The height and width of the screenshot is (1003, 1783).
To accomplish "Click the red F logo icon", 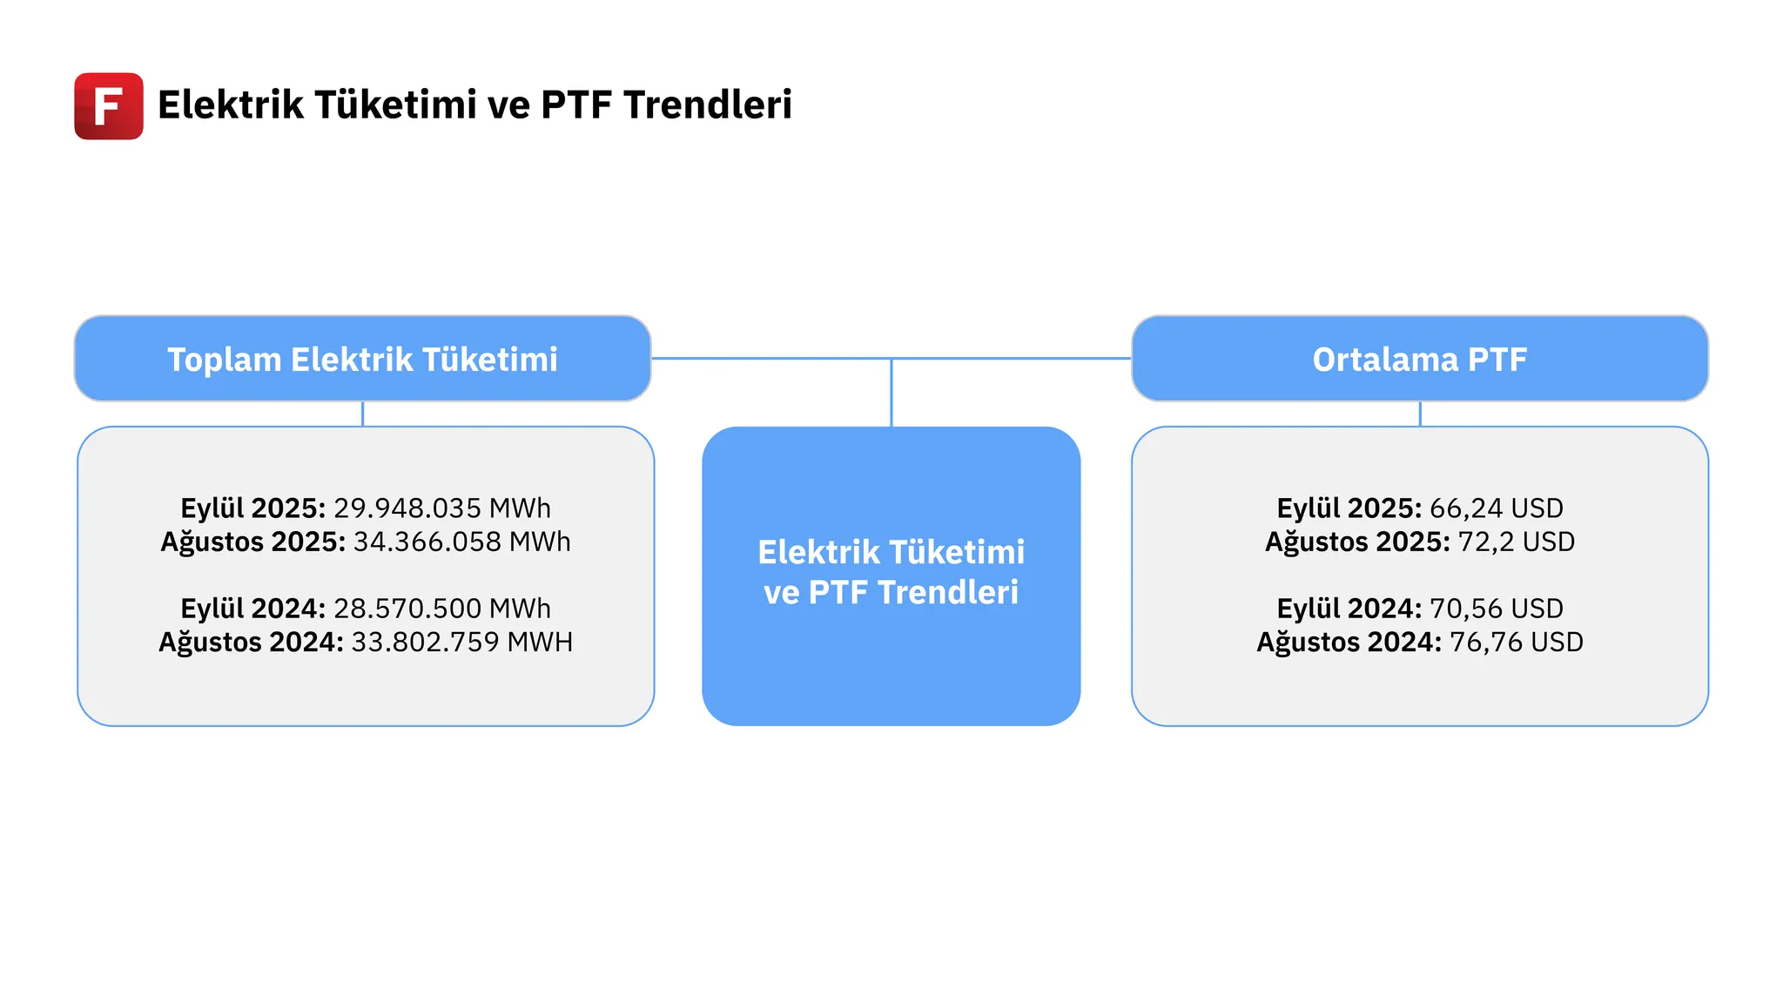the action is (109, 106).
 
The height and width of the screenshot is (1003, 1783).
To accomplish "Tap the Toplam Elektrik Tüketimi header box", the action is (363, 359).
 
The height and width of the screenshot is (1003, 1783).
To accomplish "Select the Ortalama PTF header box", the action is (1420, 359).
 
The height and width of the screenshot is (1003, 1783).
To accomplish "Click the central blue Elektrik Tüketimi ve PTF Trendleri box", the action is (891, 576).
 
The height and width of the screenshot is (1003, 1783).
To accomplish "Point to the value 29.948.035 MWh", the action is (442, 508).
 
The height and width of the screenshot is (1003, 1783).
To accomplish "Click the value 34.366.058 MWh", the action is (462, 542).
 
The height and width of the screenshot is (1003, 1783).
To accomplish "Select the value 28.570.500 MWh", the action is (442, 608).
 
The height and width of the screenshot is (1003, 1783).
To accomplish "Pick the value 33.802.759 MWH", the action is (462, 642).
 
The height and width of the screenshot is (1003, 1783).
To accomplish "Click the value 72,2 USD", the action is (1517, 542).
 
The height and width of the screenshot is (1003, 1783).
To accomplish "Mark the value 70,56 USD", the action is (1497, 608).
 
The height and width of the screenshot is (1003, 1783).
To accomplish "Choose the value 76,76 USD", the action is (1517, 642).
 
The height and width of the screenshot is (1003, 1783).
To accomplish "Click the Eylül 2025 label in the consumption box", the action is (253, 508).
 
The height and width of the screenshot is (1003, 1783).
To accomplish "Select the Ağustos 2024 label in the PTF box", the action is (1349, 642).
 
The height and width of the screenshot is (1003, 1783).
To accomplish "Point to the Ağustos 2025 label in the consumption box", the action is (253, 542).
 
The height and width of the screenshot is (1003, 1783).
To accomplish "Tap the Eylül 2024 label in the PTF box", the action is (1349, 608).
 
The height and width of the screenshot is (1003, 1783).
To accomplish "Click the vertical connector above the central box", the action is (891, 393).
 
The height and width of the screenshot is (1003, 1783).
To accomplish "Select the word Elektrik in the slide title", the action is (231, 104).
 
